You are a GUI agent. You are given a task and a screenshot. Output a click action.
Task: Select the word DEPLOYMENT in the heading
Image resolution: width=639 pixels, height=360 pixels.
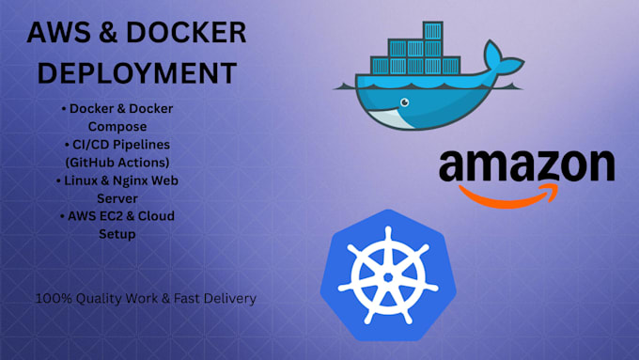point(137,73)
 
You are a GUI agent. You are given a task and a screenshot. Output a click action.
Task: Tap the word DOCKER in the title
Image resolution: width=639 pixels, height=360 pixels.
point(187,33)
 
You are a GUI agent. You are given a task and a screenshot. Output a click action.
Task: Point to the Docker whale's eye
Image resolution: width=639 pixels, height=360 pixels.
point(405,102)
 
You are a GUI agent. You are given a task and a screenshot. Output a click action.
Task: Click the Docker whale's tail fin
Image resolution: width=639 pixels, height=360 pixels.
point(503,58)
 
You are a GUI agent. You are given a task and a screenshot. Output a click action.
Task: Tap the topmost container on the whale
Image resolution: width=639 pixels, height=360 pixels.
point(432,30)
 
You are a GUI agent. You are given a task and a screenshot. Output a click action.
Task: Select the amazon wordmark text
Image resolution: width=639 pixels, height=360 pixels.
point(526,165)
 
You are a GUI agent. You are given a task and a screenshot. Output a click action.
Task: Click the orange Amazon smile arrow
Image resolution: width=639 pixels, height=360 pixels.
point(508,197)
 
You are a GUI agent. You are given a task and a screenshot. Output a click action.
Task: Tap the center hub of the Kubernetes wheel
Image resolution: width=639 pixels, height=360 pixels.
point(388,277)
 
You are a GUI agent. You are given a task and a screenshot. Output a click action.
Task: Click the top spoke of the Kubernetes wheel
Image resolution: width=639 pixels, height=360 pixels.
point(388,242)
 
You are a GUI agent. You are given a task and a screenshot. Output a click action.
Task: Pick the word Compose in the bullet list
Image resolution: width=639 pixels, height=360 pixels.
point(117,127)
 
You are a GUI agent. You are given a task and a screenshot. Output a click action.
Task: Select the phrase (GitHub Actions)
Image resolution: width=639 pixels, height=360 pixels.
point(117,163)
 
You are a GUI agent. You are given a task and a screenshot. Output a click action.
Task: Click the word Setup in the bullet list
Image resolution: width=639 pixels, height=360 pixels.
point(117,234)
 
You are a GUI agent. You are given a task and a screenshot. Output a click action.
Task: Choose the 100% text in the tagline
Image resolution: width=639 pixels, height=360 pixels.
point(54,299)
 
